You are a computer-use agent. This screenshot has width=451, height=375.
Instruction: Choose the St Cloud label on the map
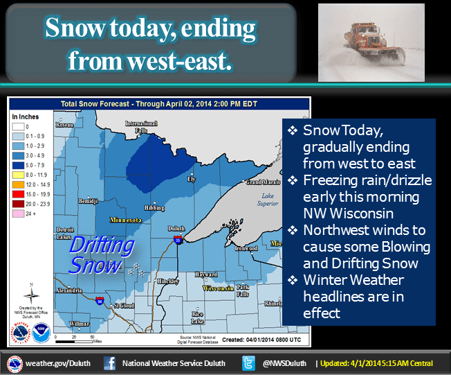click(124, 304)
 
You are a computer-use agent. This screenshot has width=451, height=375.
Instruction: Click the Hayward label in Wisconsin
click(206, 274)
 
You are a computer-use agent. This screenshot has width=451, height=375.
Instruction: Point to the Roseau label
click(65, 125)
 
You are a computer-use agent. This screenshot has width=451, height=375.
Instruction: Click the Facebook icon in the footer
click(109, 363)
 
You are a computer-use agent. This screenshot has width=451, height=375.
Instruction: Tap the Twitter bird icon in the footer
click(249, 363)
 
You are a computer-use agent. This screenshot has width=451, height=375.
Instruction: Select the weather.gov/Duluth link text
click(56, 363)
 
